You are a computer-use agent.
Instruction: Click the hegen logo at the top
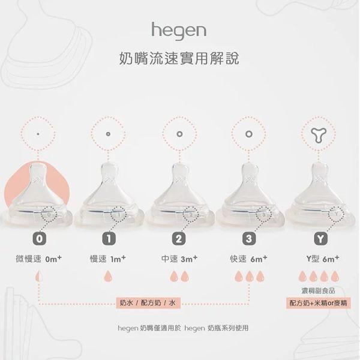click(179, 29)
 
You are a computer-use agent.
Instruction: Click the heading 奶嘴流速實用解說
click(179, 60)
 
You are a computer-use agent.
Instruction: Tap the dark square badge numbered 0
click(39, 238)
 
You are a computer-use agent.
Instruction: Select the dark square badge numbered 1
click(109, 238)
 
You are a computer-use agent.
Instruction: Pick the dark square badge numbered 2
click(179, 238)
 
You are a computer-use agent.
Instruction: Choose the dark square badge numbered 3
click(249, 238)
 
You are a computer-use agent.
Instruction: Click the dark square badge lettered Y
click(321, 238)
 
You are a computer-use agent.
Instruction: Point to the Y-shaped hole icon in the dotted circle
click(321, 136)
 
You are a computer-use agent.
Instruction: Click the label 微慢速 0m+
click(39, 259)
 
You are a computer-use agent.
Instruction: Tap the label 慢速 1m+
click(109, 259)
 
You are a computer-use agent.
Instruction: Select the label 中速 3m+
click(179, 259)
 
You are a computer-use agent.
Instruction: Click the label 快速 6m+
click(249, 259)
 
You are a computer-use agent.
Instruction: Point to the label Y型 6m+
click(322, 259)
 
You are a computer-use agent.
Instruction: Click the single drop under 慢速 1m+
click(109, 277)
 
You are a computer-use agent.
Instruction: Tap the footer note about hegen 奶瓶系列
click(179, 328)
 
